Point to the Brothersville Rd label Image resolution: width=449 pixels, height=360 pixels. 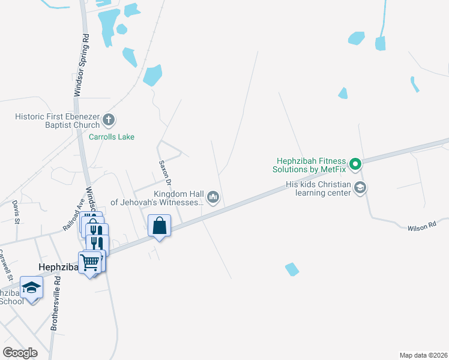55,304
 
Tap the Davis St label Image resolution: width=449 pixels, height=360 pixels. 16,212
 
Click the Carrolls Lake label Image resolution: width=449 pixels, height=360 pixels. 112,137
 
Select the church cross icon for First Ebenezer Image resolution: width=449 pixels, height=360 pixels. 109,120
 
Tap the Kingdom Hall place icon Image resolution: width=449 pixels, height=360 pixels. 212,197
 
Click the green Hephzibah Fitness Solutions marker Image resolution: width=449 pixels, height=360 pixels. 355,163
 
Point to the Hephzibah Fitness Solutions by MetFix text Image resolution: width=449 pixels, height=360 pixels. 311,165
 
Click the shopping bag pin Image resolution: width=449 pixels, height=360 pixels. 160,227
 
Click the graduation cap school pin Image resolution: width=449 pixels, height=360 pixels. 31,287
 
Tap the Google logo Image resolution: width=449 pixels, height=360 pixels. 20,353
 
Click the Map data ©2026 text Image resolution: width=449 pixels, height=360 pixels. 423,355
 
